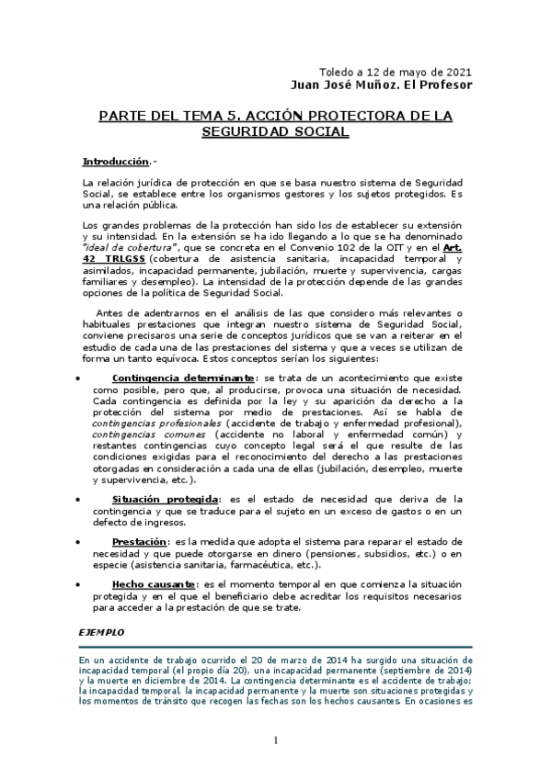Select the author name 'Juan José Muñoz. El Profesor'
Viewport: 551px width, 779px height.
(x=380, y=85)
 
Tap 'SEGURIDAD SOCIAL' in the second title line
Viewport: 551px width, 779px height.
(x=275, y=132)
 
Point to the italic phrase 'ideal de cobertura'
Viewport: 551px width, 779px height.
(x=115, y=247)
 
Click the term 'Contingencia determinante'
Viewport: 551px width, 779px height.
(x=183, y=378)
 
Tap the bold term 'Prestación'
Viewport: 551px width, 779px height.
(x=140, y=542)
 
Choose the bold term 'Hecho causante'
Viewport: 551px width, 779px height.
(x=152, y=584)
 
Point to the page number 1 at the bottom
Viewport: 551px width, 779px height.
(x=275, y=740)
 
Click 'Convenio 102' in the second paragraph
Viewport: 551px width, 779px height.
(x=342, y=247)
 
